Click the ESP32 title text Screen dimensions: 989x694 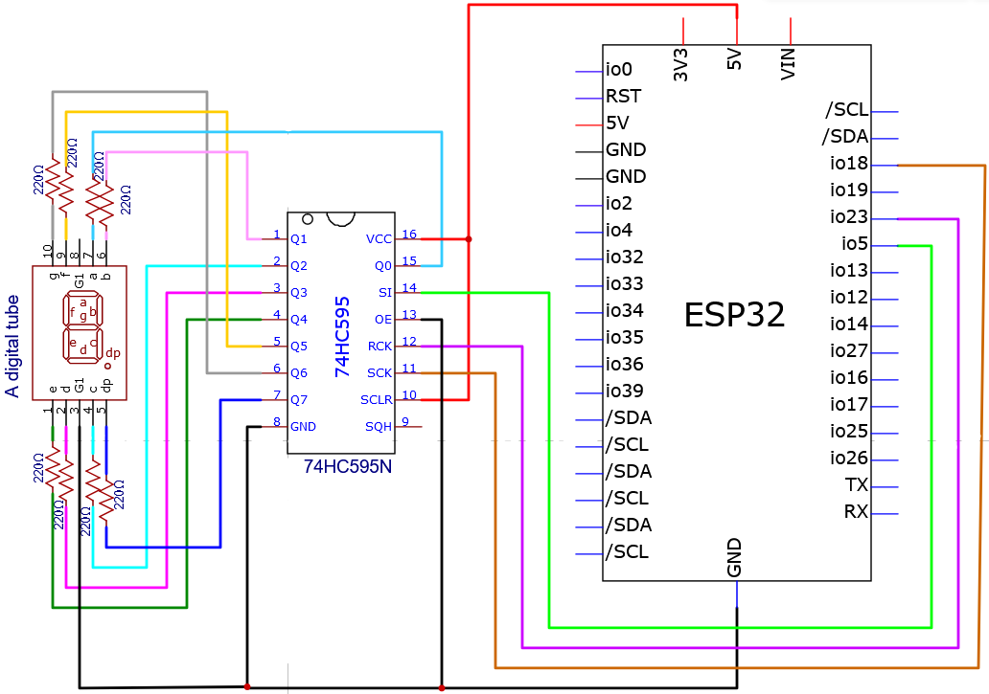(734, 315)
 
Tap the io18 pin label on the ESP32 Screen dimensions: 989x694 (849, 164)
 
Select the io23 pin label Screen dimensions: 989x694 (849, 217)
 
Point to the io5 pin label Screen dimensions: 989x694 (855, 244)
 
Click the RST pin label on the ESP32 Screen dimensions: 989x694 (623, 97)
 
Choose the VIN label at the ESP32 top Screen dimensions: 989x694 (788, 63)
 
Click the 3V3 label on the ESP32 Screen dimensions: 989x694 (680, 65)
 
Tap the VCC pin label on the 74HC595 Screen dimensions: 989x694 (379, 239)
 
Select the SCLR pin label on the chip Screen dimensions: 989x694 (377, 400)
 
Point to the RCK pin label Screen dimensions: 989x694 (379, 347)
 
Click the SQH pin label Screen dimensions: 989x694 (379, 427)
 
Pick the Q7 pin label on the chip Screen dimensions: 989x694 (299, 400)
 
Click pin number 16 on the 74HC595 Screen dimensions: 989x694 (409, 235)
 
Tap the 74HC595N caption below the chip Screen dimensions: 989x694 (348, 467)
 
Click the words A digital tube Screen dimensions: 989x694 (12, 347)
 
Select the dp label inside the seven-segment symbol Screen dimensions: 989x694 (113, 353)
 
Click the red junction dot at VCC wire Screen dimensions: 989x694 (469, 239)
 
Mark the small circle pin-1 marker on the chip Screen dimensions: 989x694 (308, 219)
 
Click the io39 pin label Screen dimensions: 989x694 (625, 392)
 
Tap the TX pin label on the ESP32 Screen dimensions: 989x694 (857, 485)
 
